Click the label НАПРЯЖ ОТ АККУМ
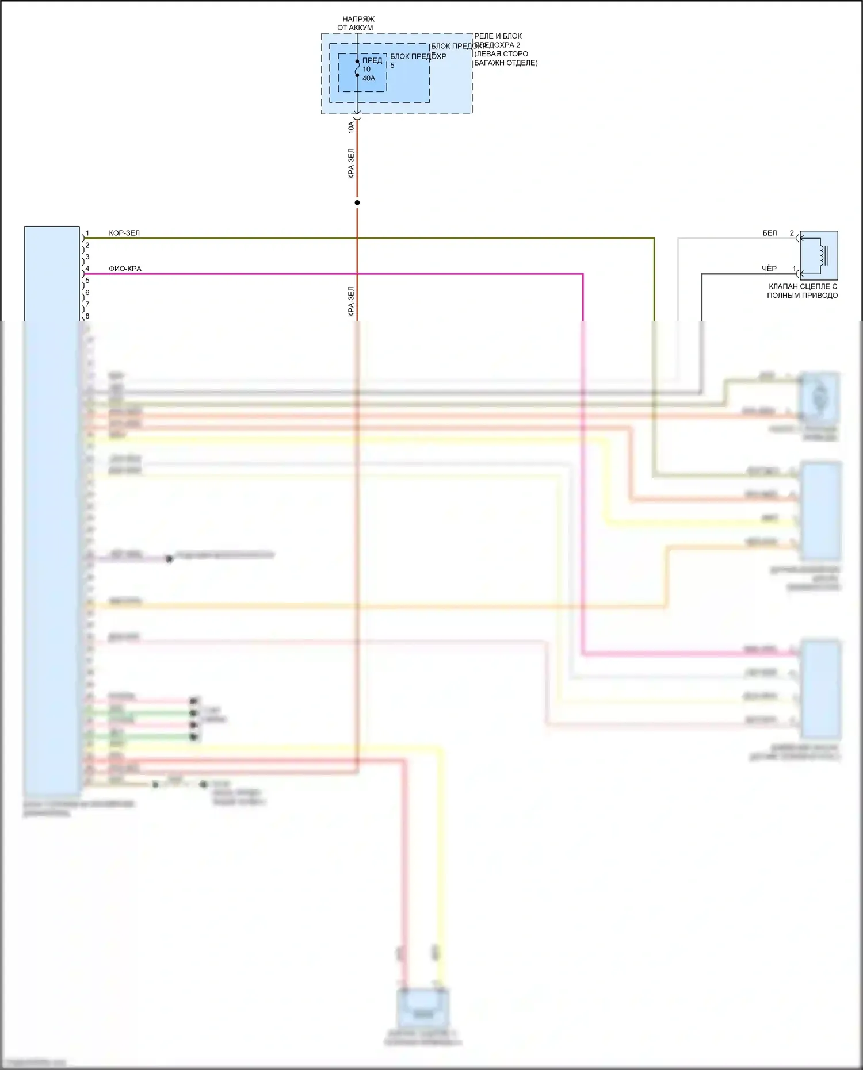356,24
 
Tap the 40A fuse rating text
369,78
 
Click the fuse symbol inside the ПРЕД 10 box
357,68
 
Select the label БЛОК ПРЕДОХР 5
418,60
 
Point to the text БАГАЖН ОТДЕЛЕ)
506,63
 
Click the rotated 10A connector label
351,128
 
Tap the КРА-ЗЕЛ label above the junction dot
351,164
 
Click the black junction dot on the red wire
357,202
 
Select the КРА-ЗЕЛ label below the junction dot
351,302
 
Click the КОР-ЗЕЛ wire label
124,233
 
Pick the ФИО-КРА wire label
125,269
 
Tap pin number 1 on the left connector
87,233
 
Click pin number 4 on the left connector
87,269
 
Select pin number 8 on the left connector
87,316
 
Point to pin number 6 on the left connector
87,293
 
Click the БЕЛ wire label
770,233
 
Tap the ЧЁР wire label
769,269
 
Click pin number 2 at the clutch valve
792,233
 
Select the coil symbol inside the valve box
823,255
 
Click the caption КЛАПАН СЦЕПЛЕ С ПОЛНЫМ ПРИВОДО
803,291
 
